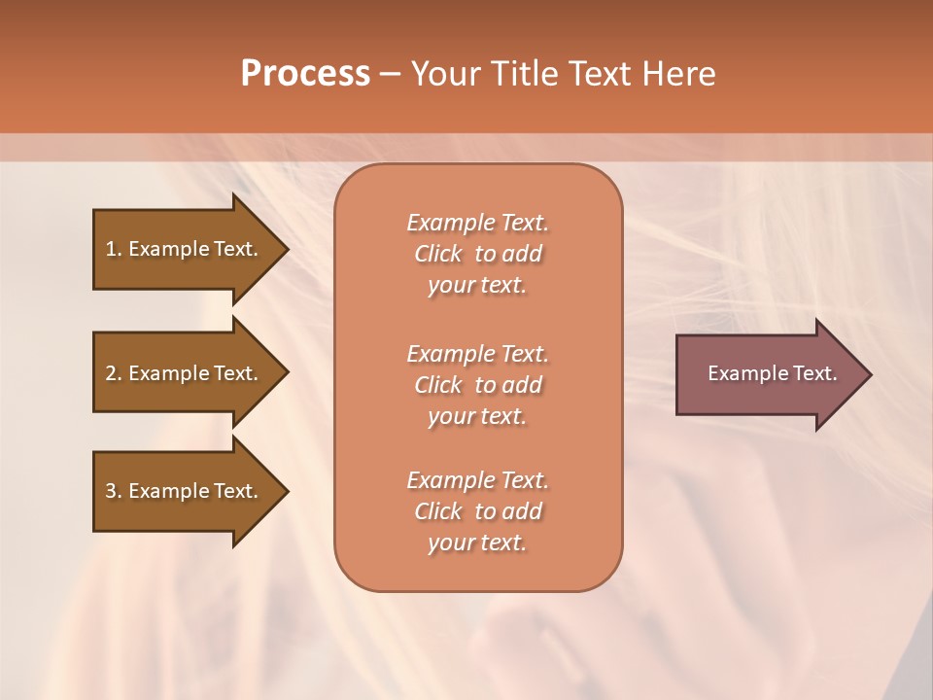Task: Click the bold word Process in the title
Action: pyautogui.click(x=305, y=74)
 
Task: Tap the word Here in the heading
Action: pyautogui.click(x=678, y=74)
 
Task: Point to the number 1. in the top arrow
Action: pyautogui.click(x=114, y=249)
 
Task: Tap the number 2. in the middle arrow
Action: pyautogui.click(x=114, y=373)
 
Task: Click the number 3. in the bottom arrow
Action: pyautogui.click(x=114, y=491)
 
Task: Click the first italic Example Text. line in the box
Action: pyautogui.click(x=477, y=223)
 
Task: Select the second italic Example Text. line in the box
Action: pyautogui.click(x=477, y=353)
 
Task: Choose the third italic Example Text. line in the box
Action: pyautogui.click(x=477, y=480)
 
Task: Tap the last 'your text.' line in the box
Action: pyautogui.click(x=477, y=543)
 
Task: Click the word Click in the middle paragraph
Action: pyautogui.click(x=438, y=385)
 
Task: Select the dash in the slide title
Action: pyautogui.click(x=390, y=74)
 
